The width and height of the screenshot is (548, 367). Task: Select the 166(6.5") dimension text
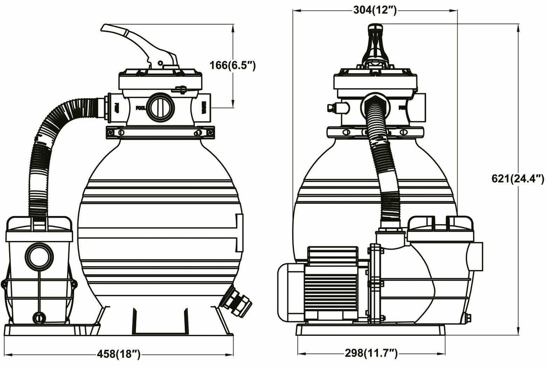(233, 65)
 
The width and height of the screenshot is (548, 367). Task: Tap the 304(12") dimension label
(375, 11)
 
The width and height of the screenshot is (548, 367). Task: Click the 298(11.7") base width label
(371, 354)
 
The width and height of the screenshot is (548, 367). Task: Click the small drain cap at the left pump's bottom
(38, 317)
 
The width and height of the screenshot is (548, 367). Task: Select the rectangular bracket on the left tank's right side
(239, 233)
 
